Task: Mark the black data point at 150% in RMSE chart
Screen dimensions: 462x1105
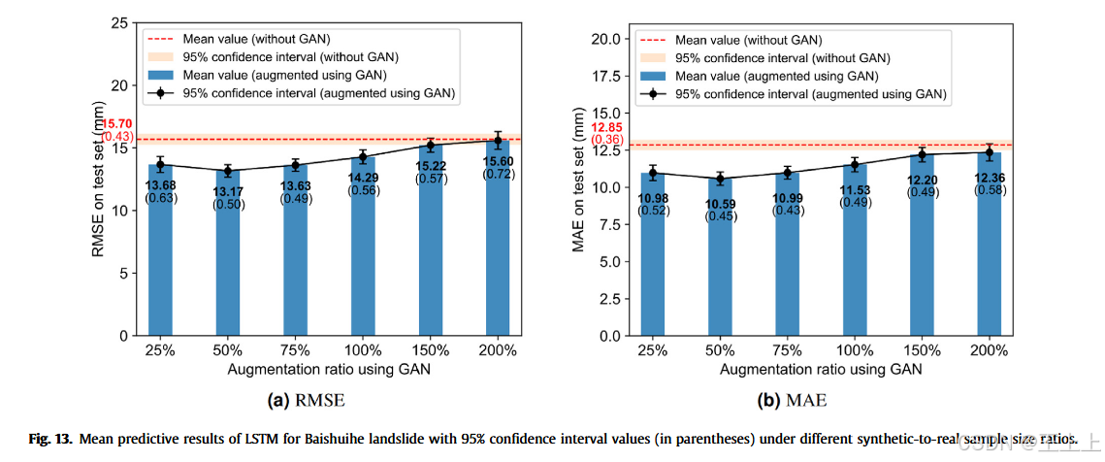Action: (430, 145)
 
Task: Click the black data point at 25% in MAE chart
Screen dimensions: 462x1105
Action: (653, 173)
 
